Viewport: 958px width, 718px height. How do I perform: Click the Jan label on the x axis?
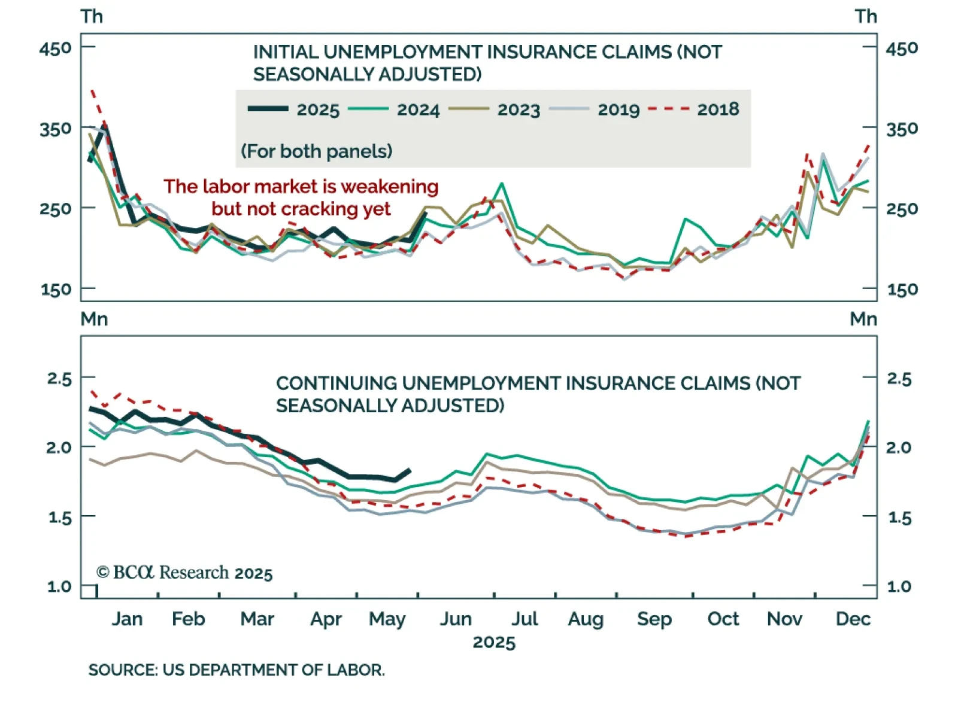click(127, 619)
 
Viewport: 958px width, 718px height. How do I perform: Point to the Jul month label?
click(525, 619)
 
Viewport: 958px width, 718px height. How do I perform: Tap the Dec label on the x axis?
click(853, 619)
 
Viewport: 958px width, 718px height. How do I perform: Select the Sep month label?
click(654, 619)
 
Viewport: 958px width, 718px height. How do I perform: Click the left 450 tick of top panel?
click(55, 48)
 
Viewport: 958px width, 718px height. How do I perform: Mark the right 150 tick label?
click(902, 290)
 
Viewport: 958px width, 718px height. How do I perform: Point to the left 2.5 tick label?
click(59, 379)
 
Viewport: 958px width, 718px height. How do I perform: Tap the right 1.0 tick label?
click(899, 586)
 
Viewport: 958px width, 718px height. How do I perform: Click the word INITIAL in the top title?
click(286, 52)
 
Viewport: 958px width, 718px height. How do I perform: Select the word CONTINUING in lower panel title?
click(336, 384)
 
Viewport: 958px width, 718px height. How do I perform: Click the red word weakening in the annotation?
click(389, 187)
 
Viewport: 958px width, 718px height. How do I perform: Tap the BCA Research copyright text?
click(184, 573)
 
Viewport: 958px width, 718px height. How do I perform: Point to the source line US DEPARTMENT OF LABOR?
click(236, 670)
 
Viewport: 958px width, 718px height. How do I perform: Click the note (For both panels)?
click(316, 151)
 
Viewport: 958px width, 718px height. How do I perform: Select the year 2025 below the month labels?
click(494, 643)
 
